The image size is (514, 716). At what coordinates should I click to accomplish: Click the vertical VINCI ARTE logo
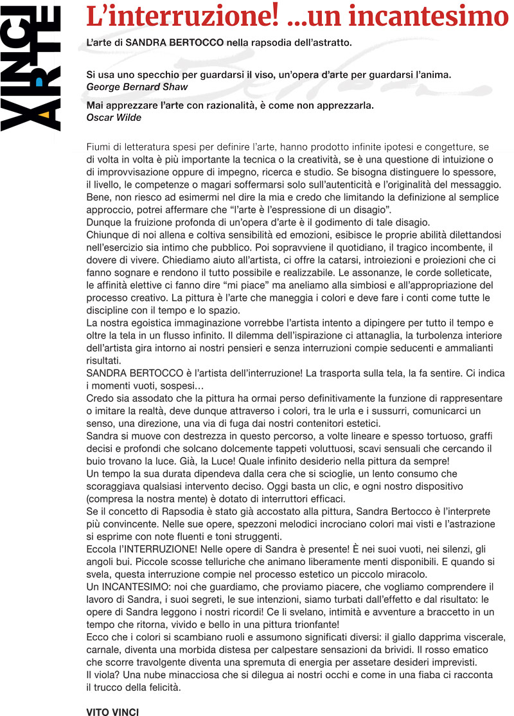tap(30, 67)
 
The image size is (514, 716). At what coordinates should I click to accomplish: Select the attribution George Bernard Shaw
tap(137, 86)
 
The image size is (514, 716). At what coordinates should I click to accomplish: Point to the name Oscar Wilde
tap(114, 118)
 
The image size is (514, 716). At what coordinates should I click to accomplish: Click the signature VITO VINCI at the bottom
tap(112, 712)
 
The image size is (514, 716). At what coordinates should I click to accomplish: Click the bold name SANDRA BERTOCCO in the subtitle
tap(174, 43)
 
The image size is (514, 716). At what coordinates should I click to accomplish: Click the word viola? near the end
tap(105, 675)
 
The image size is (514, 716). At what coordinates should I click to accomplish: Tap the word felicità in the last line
tap(164, 687)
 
